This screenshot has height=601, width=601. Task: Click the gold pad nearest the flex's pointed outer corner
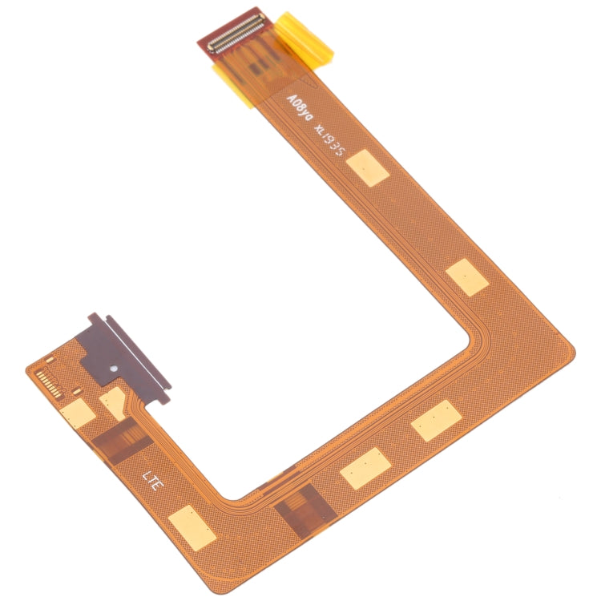coord(466,277)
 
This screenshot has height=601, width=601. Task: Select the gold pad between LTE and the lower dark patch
coord(193,526)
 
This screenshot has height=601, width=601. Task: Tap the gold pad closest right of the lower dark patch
coord(365,468)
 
